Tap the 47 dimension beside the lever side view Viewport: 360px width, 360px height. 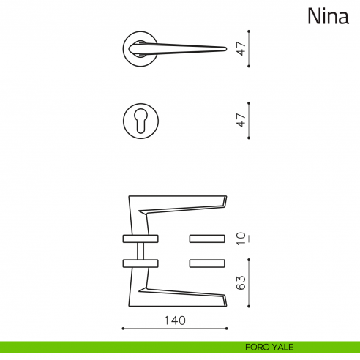click(x=239, y=49)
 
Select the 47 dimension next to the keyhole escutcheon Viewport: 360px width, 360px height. click(x=239, y=119)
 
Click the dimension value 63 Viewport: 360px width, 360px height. click(x=239, y=282)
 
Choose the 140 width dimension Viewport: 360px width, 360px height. click(x=175, y=320)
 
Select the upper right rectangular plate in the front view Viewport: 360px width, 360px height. click(x=207, y=239)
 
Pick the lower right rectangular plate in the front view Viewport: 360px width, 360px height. click(x=207, y=263)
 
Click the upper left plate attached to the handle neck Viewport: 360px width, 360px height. click(x=140, y=239)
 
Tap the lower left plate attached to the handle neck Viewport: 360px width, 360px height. click(x=140, y=263)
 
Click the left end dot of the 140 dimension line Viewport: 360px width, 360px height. click(x=122, y=328)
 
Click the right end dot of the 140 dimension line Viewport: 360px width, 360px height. click(x=227, y=328)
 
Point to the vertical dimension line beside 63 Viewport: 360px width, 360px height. click(x=250, y=282)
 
